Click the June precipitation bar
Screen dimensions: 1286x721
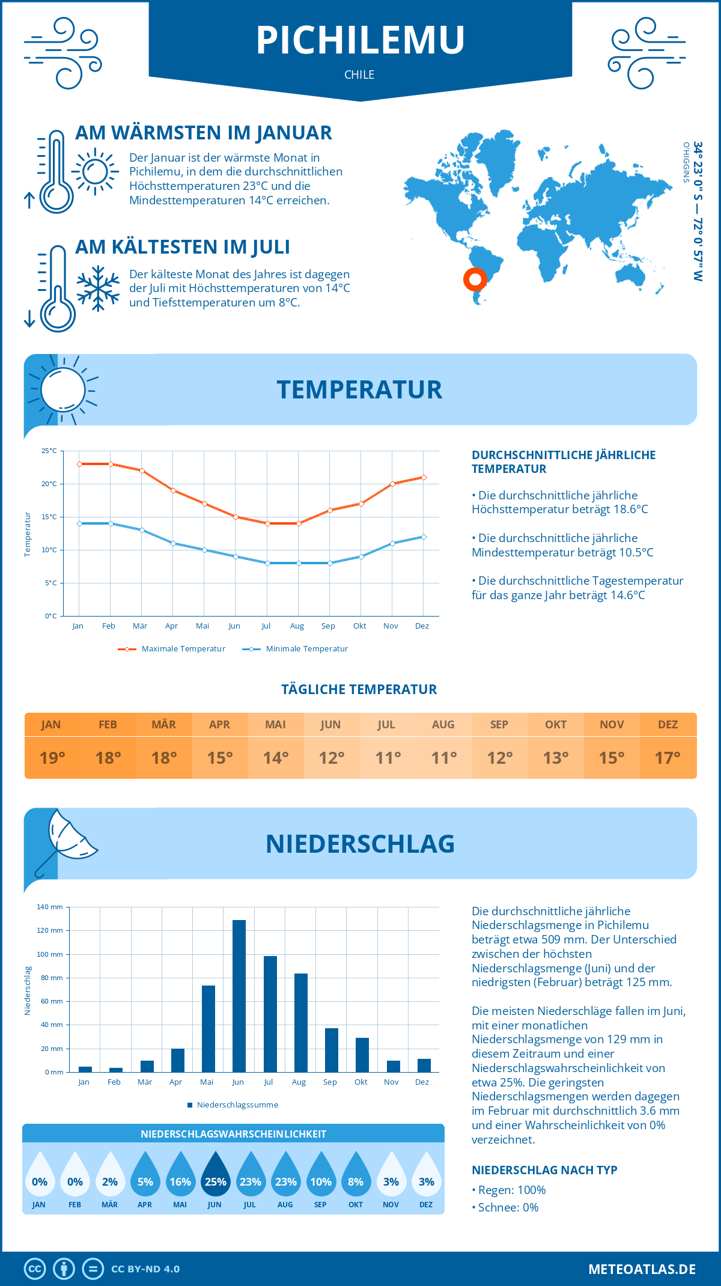coord(239,996)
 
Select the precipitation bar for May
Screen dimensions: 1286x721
coord(208,1028)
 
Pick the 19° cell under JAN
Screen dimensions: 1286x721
coord(52,758)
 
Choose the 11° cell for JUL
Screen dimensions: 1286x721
coord(388,758)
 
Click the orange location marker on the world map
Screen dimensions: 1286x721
coord(475,279)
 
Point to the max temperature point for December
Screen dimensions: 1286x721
coord(424,477)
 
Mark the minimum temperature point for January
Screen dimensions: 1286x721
coord(79,523)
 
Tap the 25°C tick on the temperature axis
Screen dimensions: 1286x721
coord(49,451)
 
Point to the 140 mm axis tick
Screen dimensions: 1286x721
coord(50,907)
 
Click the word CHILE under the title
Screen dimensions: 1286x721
coord(359,75)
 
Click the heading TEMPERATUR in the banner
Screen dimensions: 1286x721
coord(359,389)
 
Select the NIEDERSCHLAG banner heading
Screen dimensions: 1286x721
coord(360,844)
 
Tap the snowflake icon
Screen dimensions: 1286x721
coord(98,288)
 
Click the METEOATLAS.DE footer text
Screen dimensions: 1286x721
coord(642,1269)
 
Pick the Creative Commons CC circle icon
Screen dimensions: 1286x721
coord(35,1269)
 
